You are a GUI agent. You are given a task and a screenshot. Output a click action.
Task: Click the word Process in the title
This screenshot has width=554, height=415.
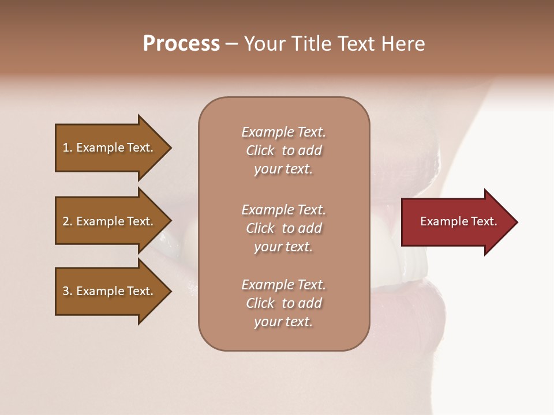[181, 44]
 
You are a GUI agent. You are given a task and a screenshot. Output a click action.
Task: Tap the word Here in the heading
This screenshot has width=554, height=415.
[402, 44]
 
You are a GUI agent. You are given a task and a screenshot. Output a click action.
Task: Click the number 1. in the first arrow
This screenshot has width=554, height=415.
[67, 148]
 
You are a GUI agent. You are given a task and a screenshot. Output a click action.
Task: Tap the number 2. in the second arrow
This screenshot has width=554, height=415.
[67, 221]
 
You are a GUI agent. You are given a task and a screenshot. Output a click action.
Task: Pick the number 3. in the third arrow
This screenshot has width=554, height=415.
[67, 291]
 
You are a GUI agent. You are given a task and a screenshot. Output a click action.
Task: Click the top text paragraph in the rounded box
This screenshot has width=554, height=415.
[283, 150]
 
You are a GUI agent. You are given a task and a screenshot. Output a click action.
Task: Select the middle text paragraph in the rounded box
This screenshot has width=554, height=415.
[283, 228]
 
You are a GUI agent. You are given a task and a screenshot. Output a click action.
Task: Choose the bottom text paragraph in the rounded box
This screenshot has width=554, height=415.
[283, 303]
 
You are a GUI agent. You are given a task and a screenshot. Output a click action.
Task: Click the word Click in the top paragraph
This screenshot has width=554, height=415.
[260, 150]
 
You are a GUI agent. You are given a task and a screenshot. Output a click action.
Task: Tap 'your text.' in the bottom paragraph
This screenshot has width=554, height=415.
[283, 322]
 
